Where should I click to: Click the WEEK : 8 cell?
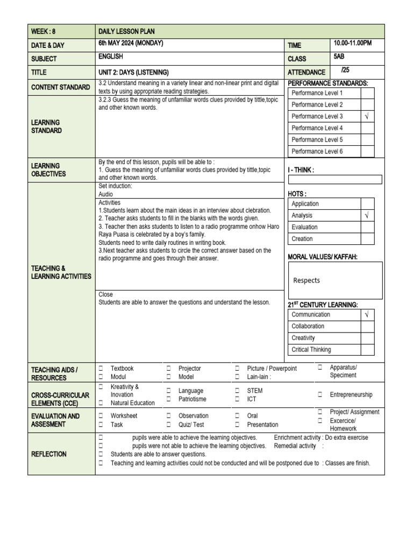click(x=44, y=32)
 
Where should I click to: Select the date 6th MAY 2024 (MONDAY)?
click(x=131, y=44)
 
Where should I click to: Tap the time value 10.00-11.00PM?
click(x=353, y=43)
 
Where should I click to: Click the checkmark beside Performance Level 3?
click(x=367, y=116)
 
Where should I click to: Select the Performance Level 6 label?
click(x=317, y=152)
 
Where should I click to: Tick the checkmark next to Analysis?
click(x=367, y=215)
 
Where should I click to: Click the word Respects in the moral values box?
click(x=307, y=280)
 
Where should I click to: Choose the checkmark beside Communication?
click(x=367, y=315)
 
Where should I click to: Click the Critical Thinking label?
click(x=311, y=350)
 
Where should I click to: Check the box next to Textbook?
click(x=101, y=369)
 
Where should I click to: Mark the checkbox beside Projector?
click(x=168, y=369)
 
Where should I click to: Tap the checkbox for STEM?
click(x=237, y=391)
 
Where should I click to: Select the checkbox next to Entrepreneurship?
click(x=319, y=394)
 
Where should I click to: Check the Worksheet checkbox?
click(x=101, y=416)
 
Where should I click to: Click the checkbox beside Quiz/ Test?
click(x=168, y=425)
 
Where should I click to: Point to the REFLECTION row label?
click(x=49, y=454)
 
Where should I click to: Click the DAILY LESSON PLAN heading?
click(x=126, y=32)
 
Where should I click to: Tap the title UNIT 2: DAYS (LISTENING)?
click(x=133, y=72)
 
